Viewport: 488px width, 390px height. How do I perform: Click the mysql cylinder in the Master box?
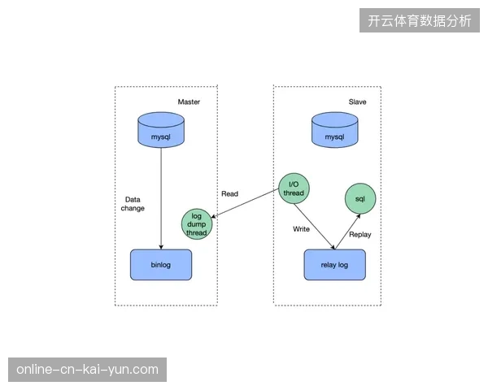coord(161,130)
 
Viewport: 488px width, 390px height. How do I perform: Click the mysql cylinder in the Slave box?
coord(335,130)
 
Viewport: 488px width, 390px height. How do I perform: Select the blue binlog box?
coord(161,265)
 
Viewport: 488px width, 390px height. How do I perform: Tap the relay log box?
coord(335,265)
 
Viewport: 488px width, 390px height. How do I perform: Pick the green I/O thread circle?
coord(294,188)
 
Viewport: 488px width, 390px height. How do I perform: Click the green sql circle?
coord(360,199)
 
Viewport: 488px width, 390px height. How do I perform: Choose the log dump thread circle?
coord(197,224)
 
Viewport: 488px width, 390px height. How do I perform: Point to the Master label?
coord(189,102)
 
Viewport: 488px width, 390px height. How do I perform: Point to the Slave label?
coord(357,102)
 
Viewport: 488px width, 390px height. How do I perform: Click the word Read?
coord(229,193)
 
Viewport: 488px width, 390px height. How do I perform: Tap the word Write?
coord(301,229)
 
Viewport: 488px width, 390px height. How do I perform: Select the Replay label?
coord(360,235)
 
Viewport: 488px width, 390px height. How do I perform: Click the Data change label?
coord(133,204)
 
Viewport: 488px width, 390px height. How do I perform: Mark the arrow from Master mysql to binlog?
coord(161,199)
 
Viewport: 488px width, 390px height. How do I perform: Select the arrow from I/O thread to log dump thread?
coord(245,203)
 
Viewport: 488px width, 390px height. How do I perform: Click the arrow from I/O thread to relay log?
coord(314,227)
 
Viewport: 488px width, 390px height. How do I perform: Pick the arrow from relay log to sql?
coord(347,232)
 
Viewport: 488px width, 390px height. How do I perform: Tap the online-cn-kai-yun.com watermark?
coord(88,370)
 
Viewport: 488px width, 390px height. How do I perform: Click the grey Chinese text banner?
coord(420,20)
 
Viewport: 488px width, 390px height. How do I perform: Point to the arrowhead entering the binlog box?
coord(161,247)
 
